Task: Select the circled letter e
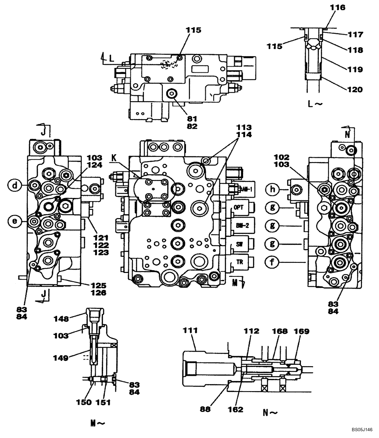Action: pyautogui.click(x=15, y=221)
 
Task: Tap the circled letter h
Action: pyautogui.click(x=272, y=189)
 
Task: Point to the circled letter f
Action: pyautogui.click(x=272, y=262)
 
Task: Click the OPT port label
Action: pyautogui.click(x=238, y=207)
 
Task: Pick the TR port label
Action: pyautogui.click(x=240, y=261)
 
